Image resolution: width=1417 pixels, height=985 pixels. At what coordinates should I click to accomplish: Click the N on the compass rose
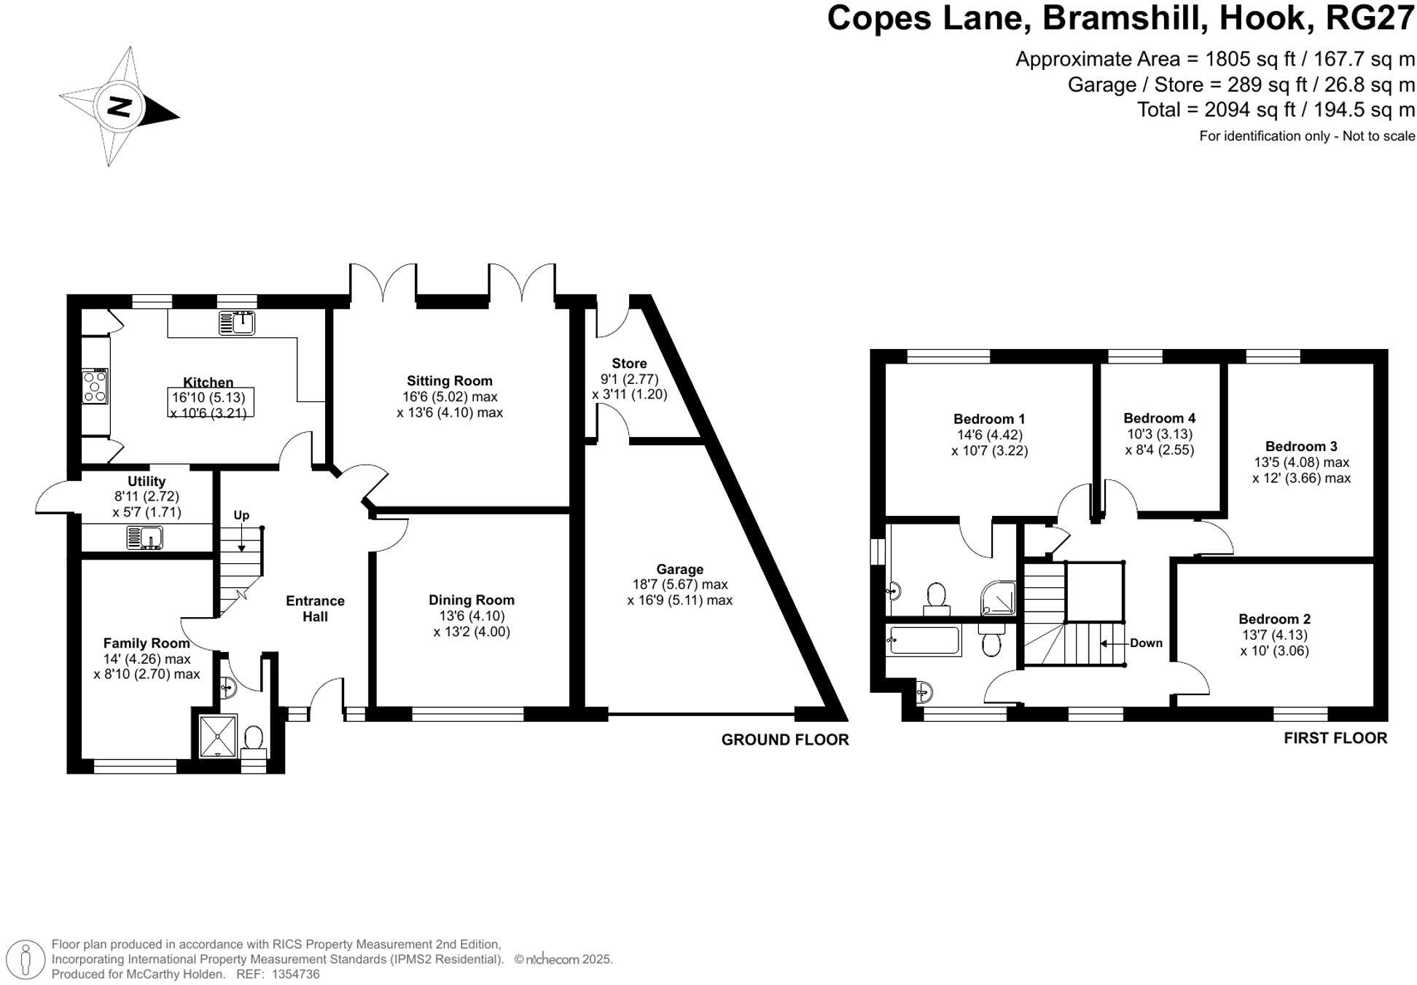(119, 106)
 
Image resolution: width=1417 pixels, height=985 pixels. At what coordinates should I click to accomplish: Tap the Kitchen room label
(208, 382)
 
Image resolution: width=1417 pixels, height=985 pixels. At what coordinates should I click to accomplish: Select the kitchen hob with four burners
(95, 386)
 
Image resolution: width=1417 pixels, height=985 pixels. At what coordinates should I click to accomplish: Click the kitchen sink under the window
(237, 321)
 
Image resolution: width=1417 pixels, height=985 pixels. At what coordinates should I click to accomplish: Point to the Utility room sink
(145, 538)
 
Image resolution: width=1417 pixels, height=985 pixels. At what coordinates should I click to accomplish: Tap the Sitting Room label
(449, 380)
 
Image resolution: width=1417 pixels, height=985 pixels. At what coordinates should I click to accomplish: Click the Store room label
(629, 363)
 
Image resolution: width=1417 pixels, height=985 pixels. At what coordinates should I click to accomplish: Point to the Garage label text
(679, 569)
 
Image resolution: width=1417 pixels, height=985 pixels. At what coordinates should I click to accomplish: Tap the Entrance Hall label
(315, 608)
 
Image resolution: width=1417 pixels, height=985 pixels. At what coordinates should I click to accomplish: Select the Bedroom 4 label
(1159, 418)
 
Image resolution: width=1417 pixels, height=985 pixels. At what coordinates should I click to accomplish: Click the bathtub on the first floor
(922, 640)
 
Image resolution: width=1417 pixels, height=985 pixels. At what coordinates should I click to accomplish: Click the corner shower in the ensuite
(996, 597)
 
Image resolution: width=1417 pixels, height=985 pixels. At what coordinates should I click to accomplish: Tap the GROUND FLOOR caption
(784, 739)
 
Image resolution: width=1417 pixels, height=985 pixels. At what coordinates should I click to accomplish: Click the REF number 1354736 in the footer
(295, 974)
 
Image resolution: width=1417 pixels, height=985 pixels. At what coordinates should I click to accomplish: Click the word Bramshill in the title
(1125, 18)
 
